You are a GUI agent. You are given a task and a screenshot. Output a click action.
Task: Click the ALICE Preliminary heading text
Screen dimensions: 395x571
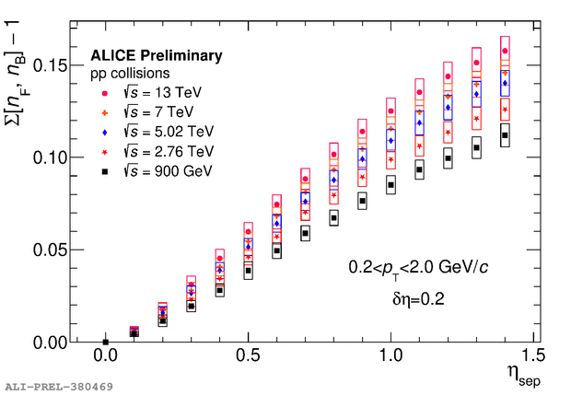click(x=156, y=56)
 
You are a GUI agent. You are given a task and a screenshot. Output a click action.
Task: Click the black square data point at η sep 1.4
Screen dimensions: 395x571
click(x=505, y=135)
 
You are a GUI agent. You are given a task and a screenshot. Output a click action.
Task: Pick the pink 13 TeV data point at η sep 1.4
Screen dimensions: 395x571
click(x=505, y=51)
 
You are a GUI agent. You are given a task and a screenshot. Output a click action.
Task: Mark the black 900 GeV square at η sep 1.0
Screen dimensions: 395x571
click(x=390, y=185)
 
